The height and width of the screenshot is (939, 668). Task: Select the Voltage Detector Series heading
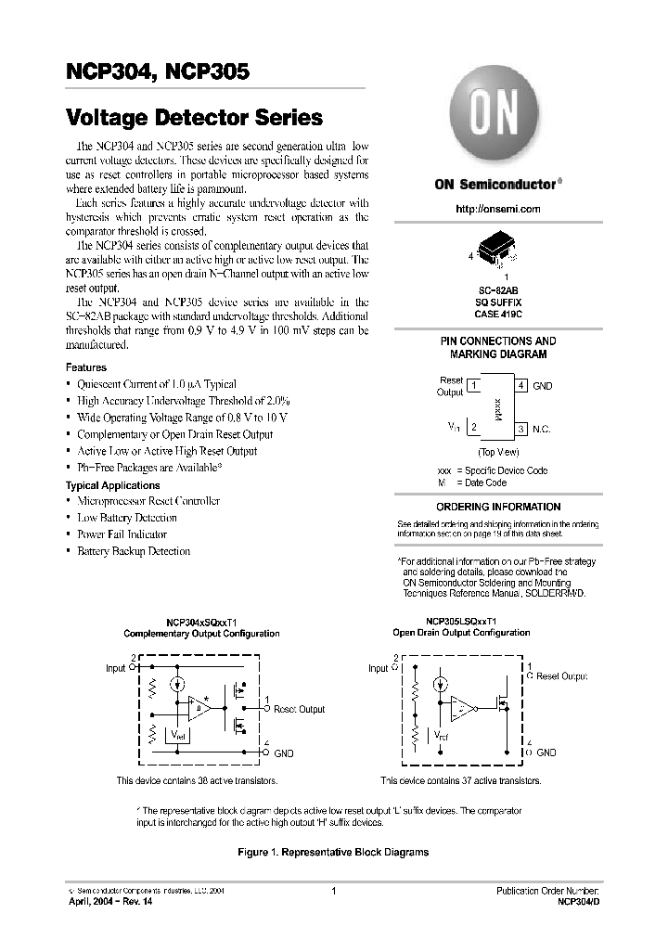pos(194,118)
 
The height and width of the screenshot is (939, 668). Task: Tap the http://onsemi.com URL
pos(498,209)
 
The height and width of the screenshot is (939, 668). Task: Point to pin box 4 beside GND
pos(521,385)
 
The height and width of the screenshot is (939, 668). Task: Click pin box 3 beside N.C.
pos(521,429)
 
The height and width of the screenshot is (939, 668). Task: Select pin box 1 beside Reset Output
pos(473,385)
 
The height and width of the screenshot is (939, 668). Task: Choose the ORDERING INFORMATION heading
pos(498,507)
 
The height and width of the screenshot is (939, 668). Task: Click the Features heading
pos(86,367)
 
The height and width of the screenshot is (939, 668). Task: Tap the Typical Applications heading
pos(112,485)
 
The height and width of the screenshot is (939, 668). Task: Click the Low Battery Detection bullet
pos(127,518)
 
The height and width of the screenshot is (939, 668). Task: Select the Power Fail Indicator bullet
pos(122,534)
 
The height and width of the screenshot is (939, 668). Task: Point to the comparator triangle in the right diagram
pos(460,710)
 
